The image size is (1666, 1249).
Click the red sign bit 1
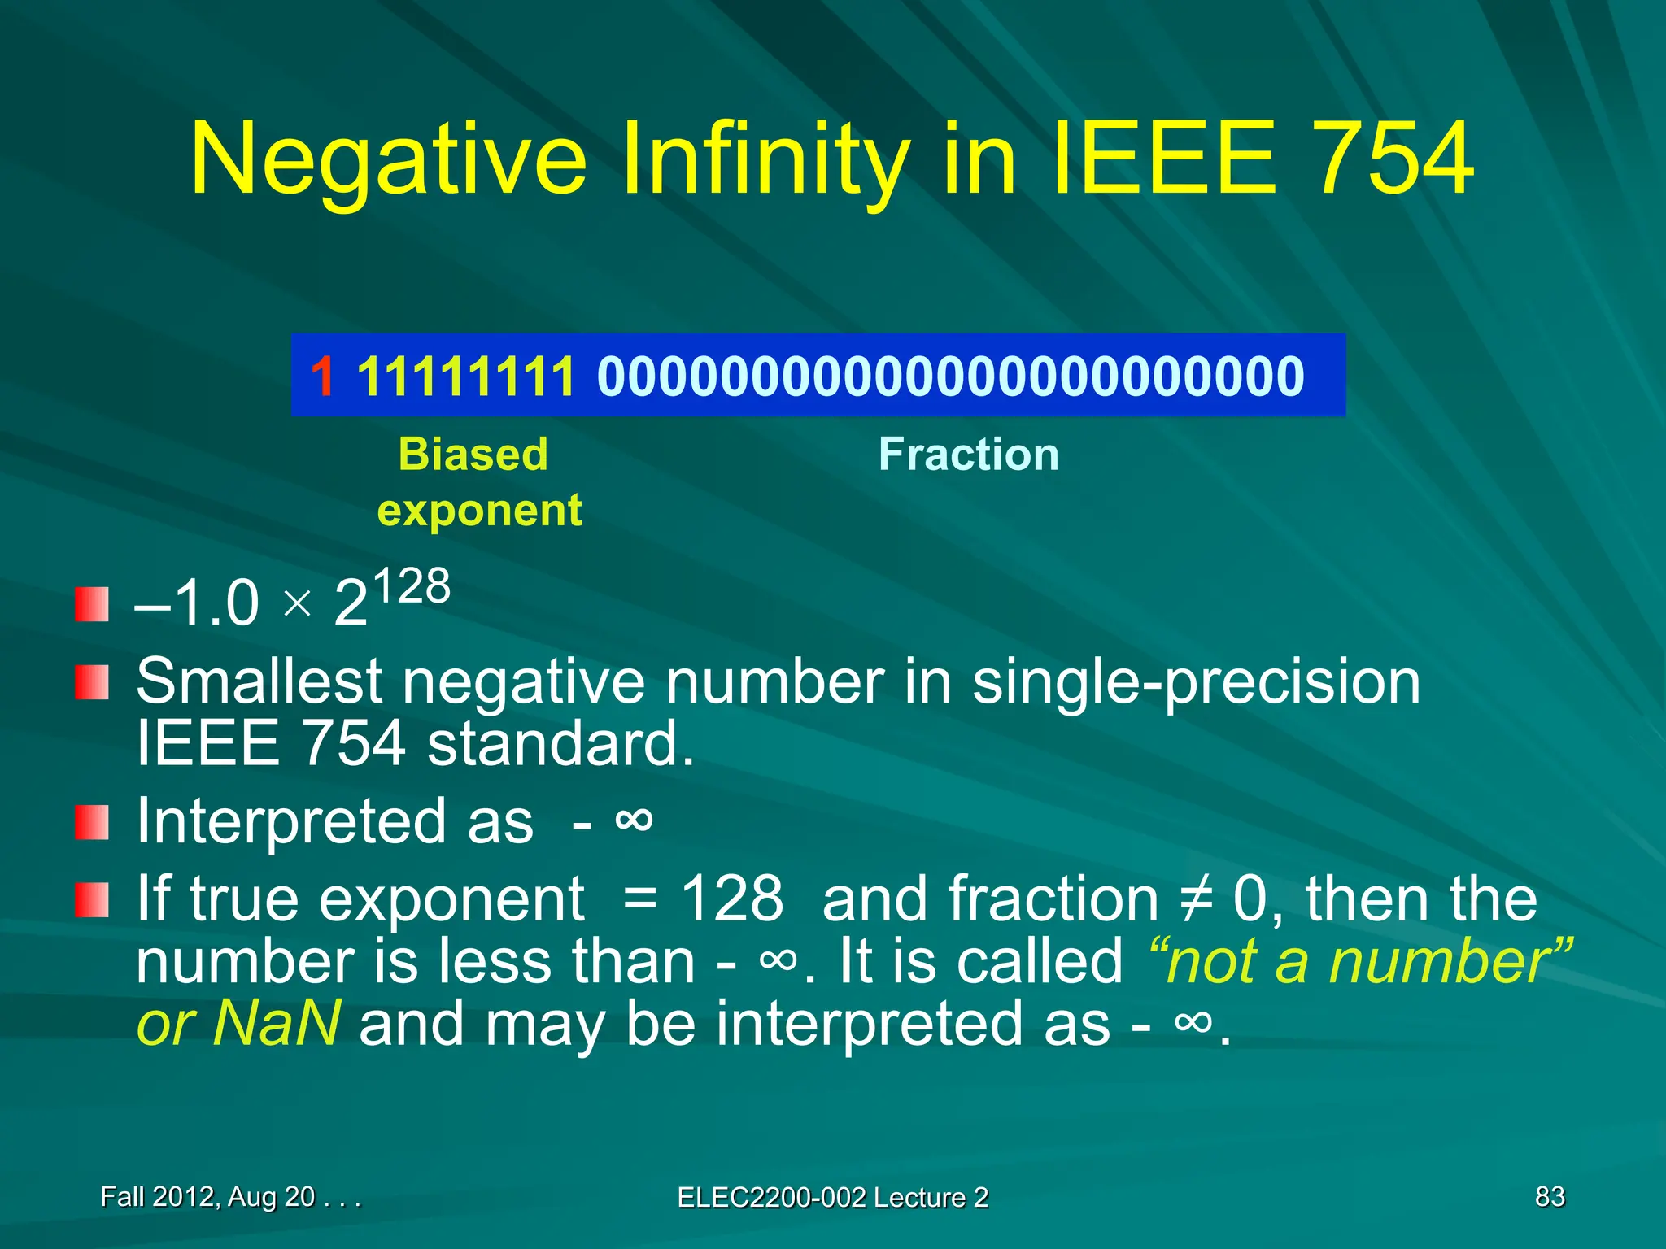tap(322, 376)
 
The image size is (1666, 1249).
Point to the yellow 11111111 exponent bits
tap(466, 376)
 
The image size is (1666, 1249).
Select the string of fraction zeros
tap(950, 376)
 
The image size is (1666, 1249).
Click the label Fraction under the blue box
tap(968, 454)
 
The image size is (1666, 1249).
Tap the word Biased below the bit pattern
tap(473, 454)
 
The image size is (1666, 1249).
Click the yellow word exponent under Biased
tap(479, 511)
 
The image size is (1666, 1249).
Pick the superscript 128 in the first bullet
tap(412, 586)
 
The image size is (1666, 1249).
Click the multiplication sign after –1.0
tap(298, 604)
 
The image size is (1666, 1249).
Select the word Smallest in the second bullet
tap(259, 681)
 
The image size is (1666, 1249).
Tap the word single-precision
tap(1196, 681)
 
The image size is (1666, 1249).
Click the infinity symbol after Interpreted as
tap(634, 819)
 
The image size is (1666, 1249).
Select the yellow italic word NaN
tap(276, 1024)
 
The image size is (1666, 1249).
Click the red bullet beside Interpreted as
tap(91, 822)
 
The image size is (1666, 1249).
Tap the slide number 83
tap(1549, 1196)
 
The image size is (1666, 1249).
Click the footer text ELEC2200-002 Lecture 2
tap(832, 1197)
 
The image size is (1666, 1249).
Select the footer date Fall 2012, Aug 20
tap(207, 1196)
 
